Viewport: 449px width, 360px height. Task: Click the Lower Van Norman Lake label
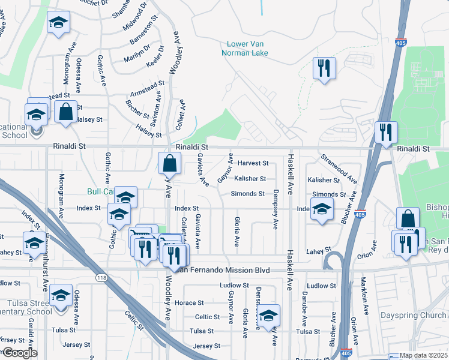(x=247, y=48)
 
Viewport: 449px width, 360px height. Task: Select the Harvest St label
(x=252, y=163)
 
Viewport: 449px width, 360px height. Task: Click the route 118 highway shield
(x=101, y=277)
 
